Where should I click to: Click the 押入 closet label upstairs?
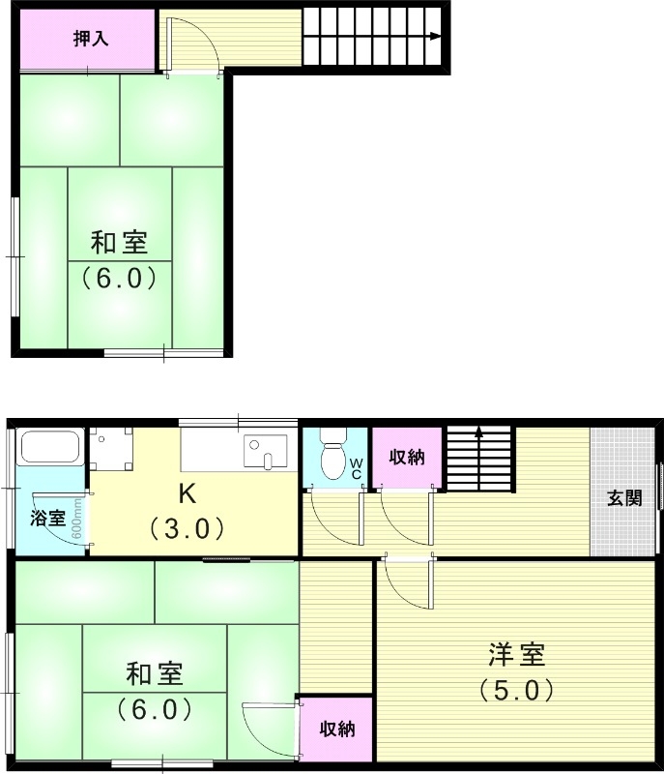pos(91,39)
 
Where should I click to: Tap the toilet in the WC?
pos(332,457)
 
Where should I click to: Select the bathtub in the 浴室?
pos(48,448)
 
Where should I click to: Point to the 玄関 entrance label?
pos(624,498)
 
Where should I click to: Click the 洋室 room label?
pos(516,655)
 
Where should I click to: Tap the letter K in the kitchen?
pos(187,494)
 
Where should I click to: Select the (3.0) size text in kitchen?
pos(187,528)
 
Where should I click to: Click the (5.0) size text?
pos(516,690)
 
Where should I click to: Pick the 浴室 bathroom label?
pos(48,518)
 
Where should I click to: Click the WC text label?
pos(356,468)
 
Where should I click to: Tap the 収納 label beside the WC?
pos(407,458)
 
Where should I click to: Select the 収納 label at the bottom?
pos(336,729)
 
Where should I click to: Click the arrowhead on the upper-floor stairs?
pos(436,37)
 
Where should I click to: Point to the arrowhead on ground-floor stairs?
pos(478,434)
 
